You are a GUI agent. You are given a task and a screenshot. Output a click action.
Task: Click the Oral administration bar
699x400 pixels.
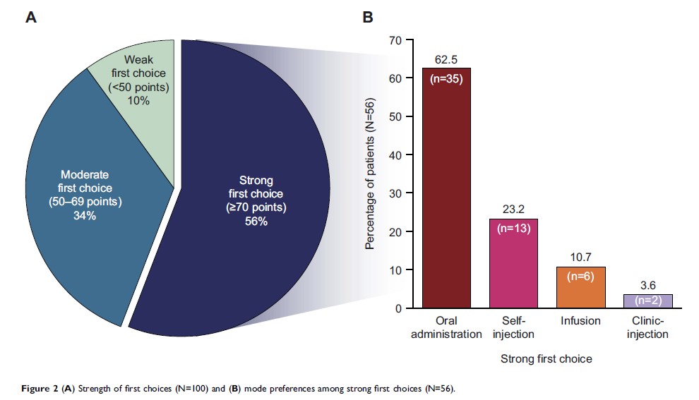point(446,198)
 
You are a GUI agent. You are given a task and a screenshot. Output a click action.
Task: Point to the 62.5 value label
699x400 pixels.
point(446,59)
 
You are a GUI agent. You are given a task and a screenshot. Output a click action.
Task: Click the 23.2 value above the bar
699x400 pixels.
point(513,209)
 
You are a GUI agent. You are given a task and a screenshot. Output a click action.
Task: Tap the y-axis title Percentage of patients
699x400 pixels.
point(369,174)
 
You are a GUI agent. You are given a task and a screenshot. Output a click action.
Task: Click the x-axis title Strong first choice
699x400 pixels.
point(546,358)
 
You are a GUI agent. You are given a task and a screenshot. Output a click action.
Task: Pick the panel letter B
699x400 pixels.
point(368,17)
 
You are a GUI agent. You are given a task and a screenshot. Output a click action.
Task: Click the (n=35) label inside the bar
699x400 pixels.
point(446,79)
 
